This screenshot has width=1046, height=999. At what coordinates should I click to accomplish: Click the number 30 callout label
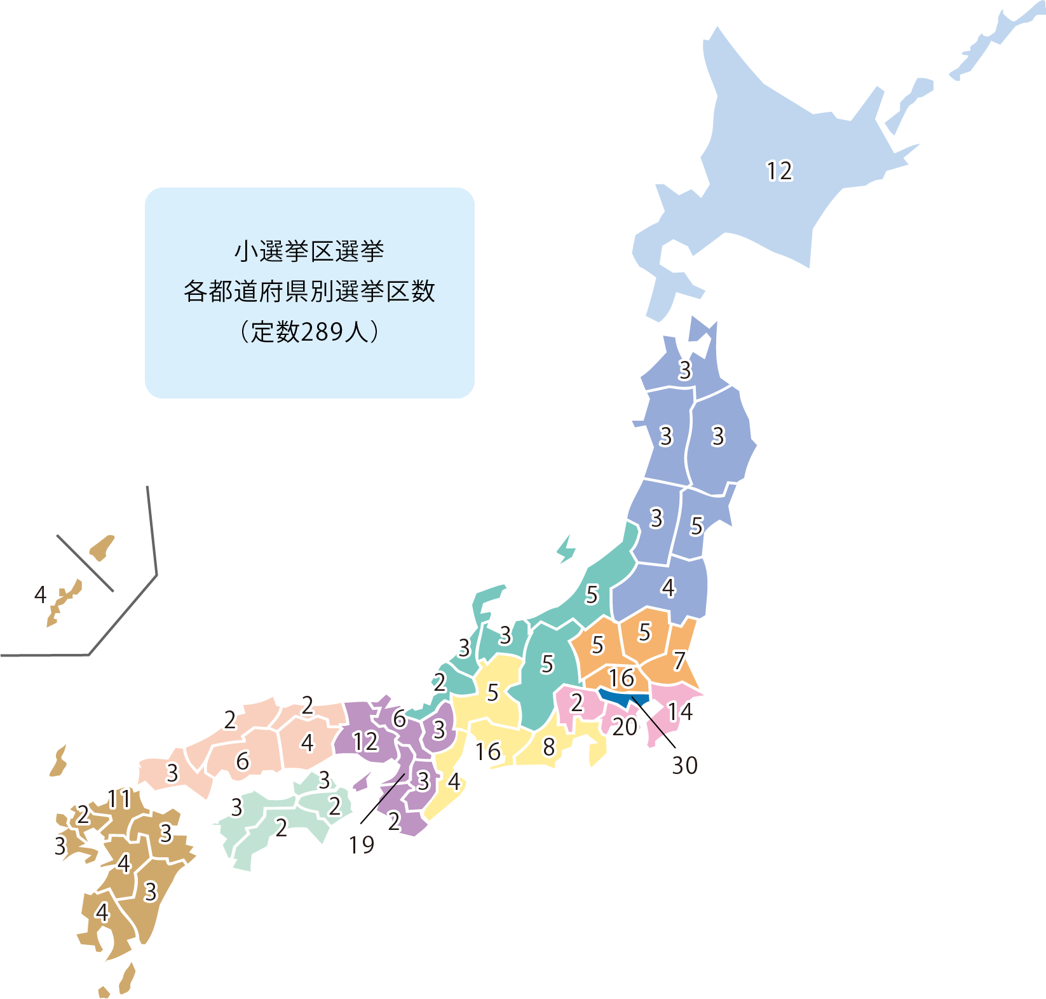pos(684,766)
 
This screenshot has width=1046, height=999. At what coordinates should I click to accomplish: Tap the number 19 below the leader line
pos(362,845)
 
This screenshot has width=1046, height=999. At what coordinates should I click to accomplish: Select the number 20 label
pos(625,727)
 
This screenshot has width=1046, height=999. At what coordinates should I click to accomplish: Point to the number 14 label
pos(679,712)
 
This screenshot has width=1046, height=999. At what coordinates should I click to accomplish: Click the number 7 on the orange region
pos(679,661)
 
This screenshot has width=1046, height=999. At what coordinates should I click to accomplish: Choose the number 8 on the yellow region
pos(549,747)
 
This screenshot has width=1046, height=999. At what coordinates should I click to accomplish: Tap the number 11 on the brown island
pos(119,799)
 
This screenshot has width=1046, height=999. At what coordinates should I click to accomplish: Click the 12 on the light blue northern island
pos(779,171)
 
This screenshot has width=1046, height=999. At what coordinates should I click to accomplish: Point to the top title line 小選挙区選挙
pos(309,252)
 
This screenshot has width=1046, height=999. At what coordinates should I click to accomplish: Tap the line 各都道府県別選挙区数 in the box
pos(309,292)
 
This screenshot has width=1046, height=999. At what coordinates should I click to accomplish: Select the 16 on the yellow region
pos(488,752)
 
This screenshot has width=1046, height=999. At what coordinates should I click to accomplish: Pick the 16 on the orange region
pos(621,678)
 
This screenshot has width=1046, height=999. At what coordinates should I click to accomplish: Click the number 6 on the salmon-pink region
pos(243,761)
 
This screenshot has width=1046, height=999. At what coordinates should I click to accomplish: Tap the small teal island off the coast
pos(566,549)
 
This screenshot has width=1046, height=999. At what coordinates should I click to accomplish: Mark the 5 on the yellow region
pos(492,693)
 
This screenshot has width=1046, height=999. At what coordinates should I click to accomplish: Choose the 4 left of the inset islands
pos(41,595)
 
